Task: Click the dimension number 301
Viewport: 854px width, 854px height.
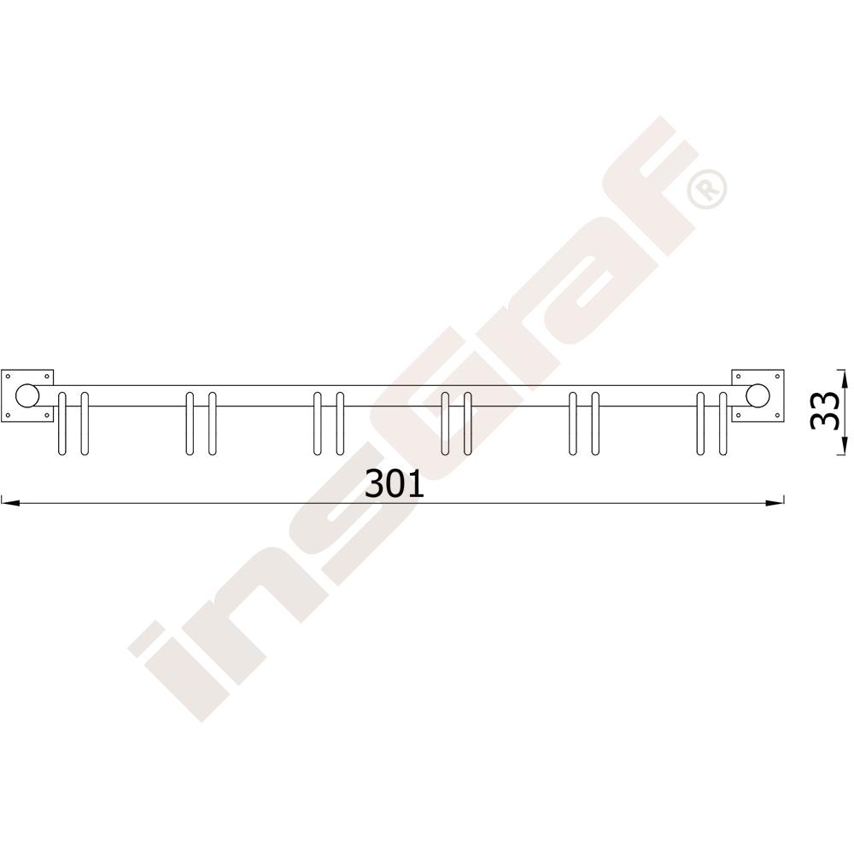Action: pyautogui.click(x=395, y=484)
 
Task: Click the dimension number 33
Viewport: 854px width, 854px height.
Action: pyautogui.click(x=825, y=411)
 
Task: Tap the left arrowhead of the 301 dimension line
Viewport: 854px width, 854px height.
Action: pyautogui.click(x=10, y=503)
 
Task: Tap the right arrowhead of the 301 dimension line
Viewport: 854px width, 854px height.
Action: pyautogui.click(x=775, y=503)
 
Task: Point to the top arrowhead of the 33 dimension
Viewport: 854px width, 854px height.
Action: pyautogui.click(x=844, y=380)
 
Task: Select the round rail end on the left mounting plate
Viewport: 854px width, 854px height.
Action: pyautogui.click(x=27, y=396)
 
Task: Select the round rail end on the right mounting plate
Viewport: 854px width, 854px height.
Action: pyautogui.click(x=758, y=396)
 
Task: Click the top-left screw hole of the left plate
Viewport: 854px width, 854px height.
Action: pyautogui.click(x=8, y=376)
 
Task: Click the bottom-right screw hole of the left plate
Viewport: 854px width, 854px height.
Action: pyautogui.click(x=47, y=416)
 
